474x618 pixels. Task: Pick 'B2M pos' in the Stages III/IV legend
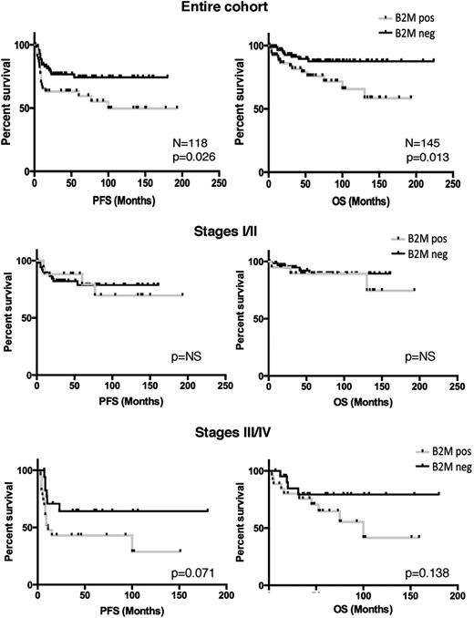tap(411, 451)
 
